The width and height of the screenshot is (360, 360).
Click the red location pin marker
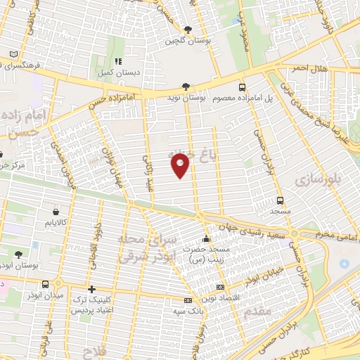click(x=181, y=165)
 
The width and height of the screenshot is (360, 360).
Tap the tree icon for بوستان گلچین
click(x=187, y=30)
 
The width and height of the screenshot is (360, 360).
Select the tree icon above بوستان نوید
click(x=186, y=86)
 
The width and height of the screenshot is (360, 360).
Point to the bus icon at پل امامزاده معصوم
click(x=243, y=88)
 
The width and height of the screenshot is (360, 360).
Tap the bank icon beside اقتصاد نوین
click(x=220, y=288)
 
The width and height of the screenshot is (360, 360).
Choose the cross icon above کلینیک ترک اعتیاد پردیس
click(x=91, y=289)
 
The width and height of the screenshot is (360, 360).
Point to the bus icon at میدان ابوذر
click(x=46, y=284)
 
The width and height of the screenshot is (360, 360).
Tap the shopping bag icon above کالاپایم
click(x=56, y=210)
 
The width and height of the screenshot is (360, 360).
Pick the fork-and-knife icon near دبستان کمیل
click(x=119, y=60)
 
